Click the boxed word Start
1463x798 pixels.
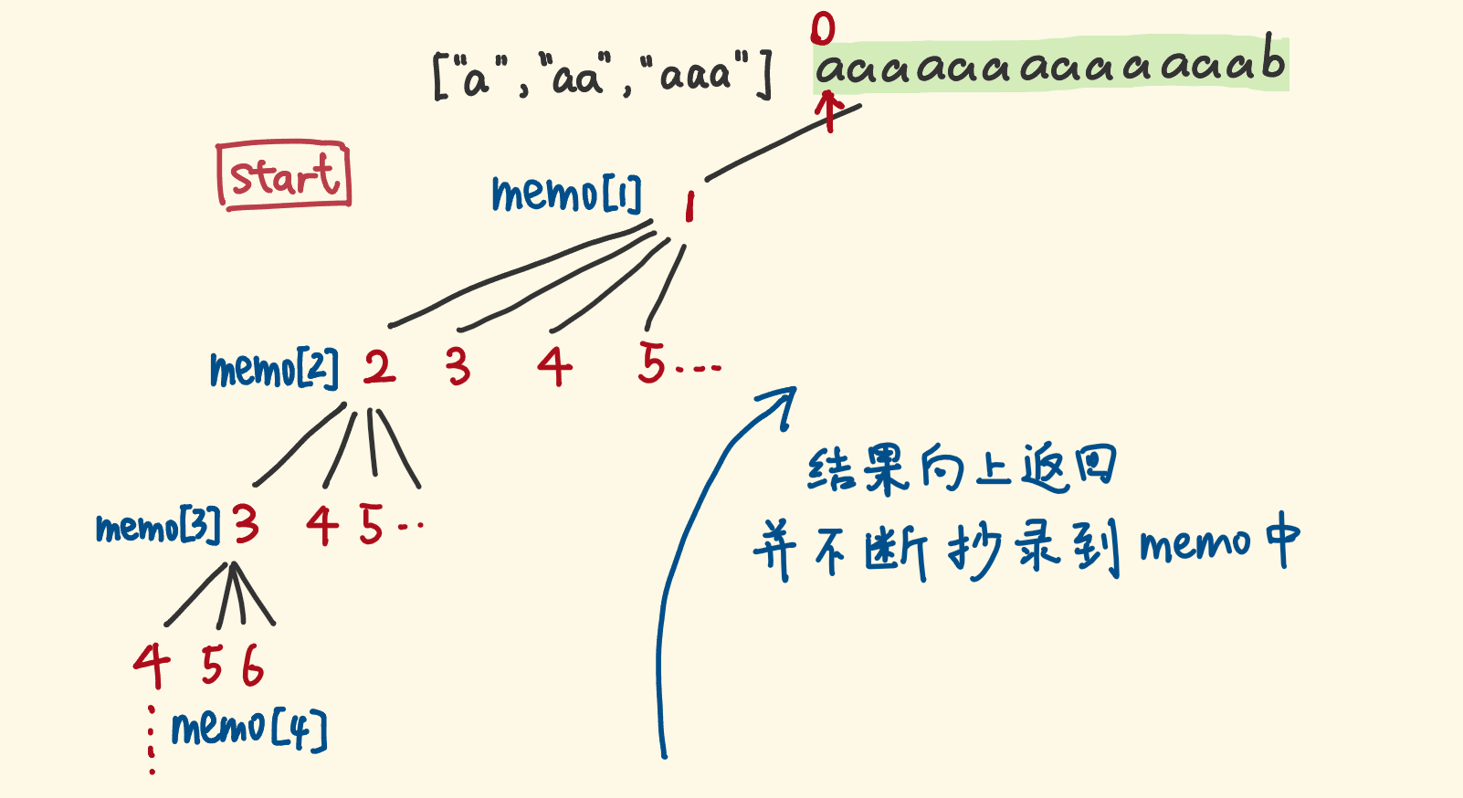[283, 175]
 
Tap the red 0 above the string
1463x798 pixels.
[823, 30]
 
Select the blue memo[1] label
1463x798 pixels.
[567, 194]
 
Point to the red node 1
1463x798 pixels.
[689, 206]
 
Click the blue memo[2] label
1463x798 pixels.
[274, 370]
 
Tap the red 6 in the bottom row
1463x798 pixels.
[253, 666]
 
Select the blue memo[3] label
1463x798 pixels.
[158, 526]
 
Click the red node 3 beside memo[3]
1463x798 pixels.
[247, 524]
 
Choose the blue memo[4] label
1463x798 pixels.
[248, 729]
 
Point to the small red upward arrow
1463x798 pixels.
[829, 111]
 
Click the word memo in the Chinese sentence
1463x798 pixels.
[1195, 544]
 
